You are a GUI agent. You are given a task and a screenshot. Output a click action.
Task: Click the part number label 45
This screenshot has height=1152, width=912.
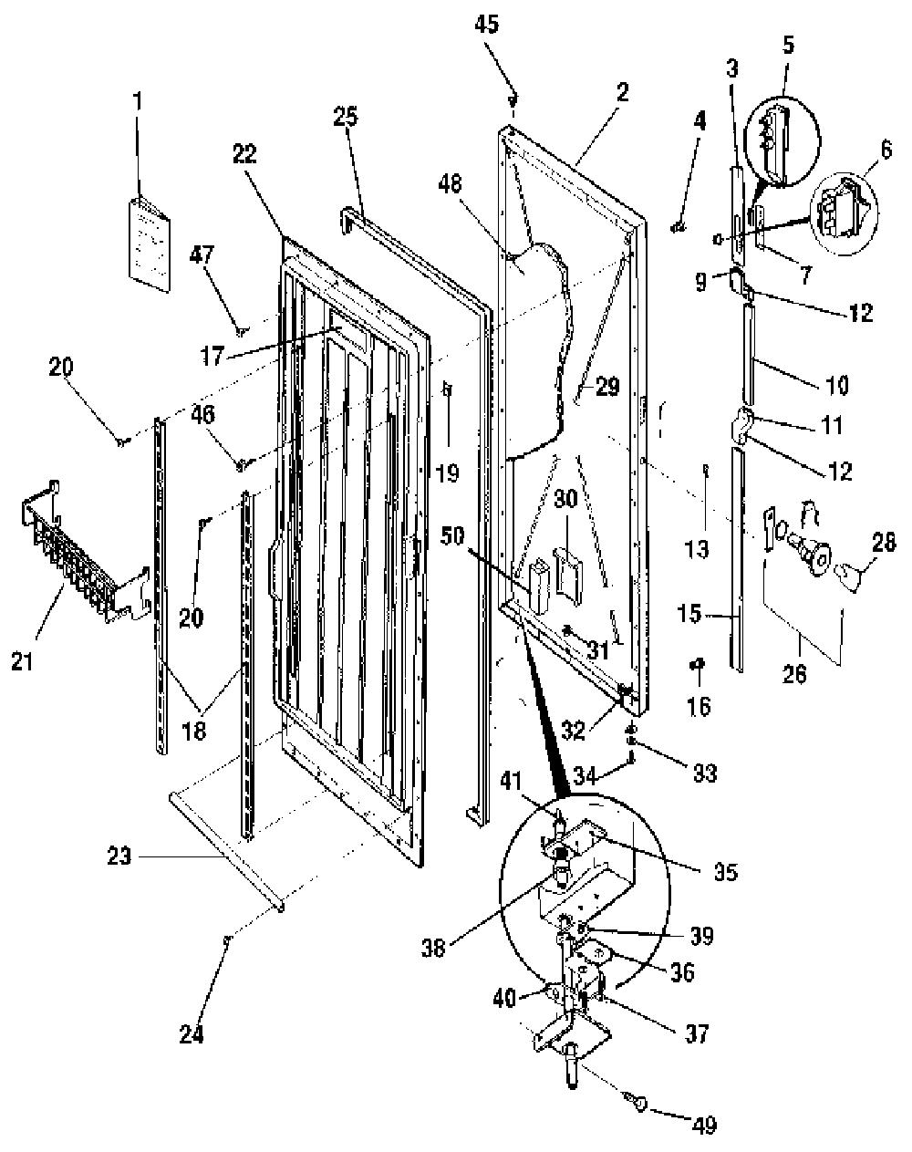pos(486,25)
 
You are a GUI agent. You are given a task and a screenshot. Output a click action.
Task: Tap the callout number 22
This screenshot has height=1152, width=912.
pos(244,154)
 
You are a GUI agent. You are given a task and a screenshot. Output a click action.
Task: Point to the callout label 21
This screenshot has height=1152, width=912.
pos(23,662)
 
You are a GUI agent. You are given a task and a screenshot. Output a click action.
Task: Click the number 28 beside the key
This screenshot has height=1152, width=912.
pos(884,543)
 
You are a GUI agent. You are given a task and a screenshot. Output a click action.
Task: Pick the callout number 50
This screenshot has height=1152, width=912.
pos(452,535)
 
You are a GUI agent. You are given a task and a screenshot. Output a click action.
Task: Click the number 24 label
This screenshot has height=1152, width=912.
pos(192,1034)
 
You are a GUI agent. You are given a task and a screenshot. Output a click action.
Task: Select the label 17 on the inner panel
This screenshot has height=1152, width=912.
pos(212,356)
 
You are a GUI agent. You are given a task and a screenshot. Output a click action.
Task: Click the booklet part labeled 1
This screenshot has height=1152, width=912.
pos(150,244)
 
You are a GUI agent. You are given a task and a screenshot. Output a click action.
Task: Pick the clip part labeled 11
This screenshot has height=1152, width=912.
pos(741,425)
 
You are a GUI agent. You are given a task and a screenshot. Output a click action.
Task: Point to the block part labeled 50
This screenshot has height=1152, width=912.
pos(539,586)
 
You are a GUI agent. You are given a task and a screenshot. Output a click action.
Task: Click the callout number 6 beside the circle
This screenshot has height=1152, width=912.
pos(886,150)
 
